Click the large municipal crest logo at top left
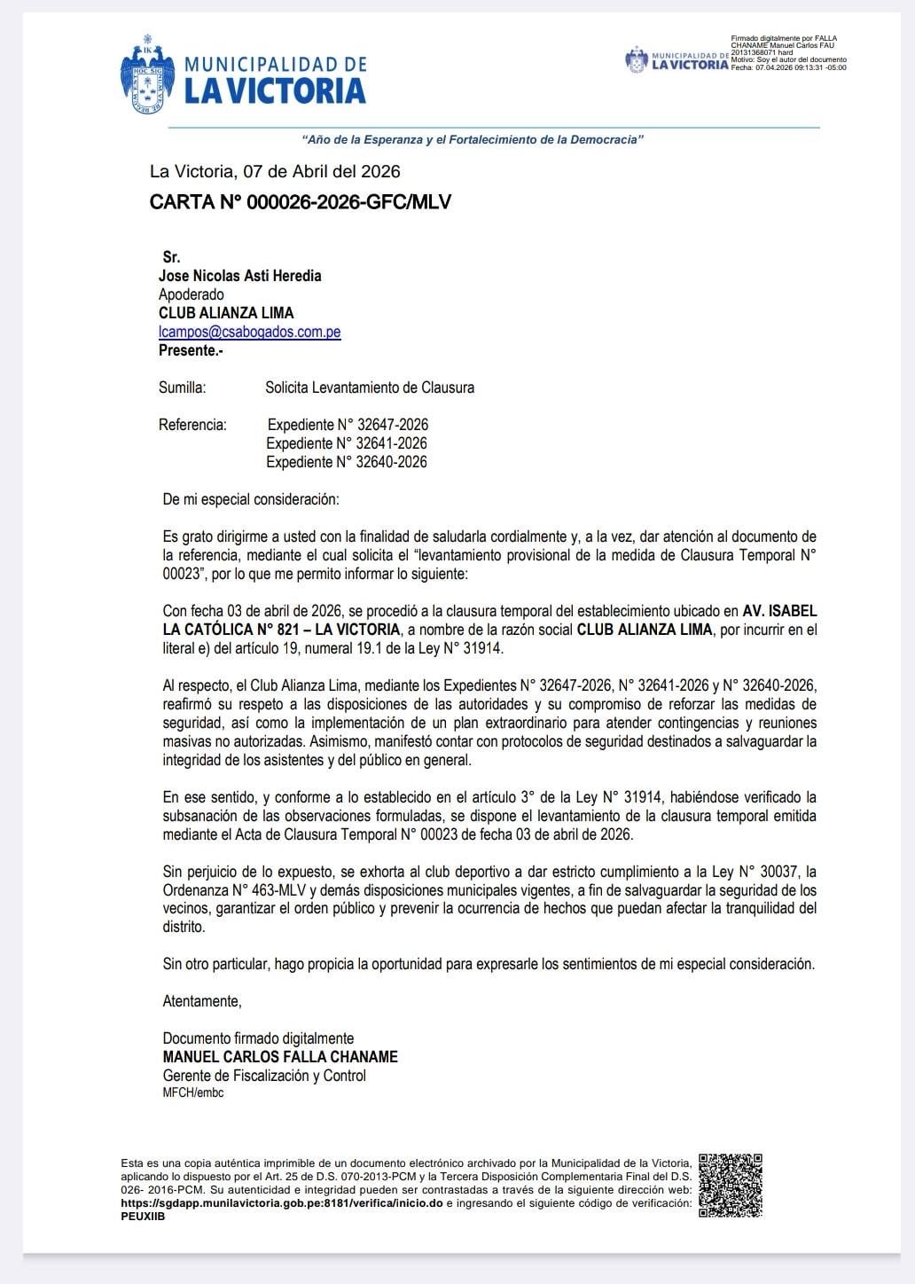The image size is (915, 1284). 145,74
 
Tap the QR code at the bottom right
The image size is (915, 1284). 731,1186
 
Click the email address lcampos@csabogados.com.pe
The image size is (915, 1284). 249,332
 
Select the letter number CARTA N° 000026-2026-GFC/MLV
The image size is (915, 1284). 301,202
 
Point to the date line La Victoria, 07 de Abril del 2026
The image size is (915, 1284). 275,171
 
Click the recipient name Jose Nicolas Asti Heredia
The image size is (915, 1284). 239,276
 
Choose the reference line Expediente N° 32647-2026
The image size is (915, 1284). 348,425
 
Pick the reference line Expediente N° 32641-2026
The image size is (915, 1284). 347,443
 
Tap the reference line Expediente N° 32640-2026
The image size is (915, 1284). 347,462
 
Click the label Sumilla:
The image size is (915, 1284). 182,388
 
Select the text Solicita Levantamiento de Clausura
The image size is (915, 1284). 370,388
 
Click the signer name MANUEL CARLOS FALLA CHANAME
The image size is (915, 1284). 280,1057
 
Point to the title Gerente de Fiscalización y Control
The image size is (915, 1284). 264,1076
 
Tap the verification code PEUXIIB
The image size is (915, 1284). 143,1216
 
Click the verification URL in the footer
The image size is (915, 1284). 282,1203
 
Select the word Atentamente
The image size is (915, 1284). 202,1001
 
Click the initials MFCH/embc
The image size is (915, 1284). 193,1093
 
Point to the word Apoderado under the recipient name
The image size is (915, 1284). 192,294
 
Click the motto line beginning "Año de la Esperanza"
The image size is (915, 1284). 473,140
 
